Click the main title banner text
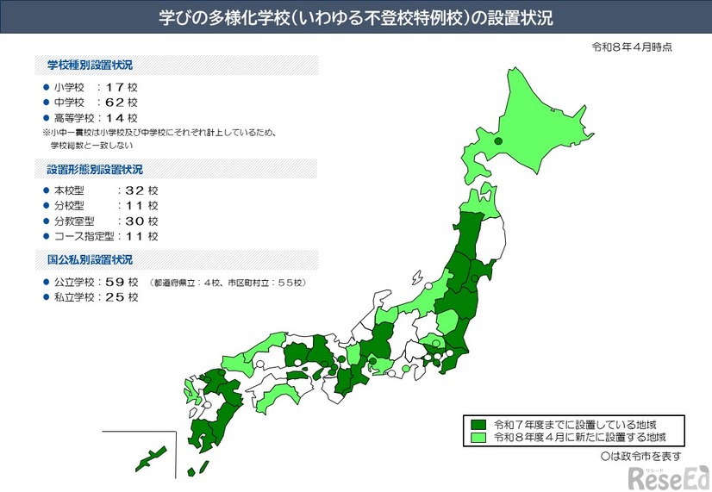355,16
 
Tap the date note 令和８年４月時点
632,47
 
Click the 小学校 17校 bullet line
95,87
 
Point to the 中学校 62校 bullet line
95,103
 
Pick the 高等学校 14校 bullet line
95,118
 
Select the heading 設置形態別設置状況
90,169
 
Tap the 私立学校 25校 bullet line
95,297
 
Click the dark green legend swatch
478,425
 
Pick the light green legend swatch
478,438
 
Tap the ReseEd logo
668,476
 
